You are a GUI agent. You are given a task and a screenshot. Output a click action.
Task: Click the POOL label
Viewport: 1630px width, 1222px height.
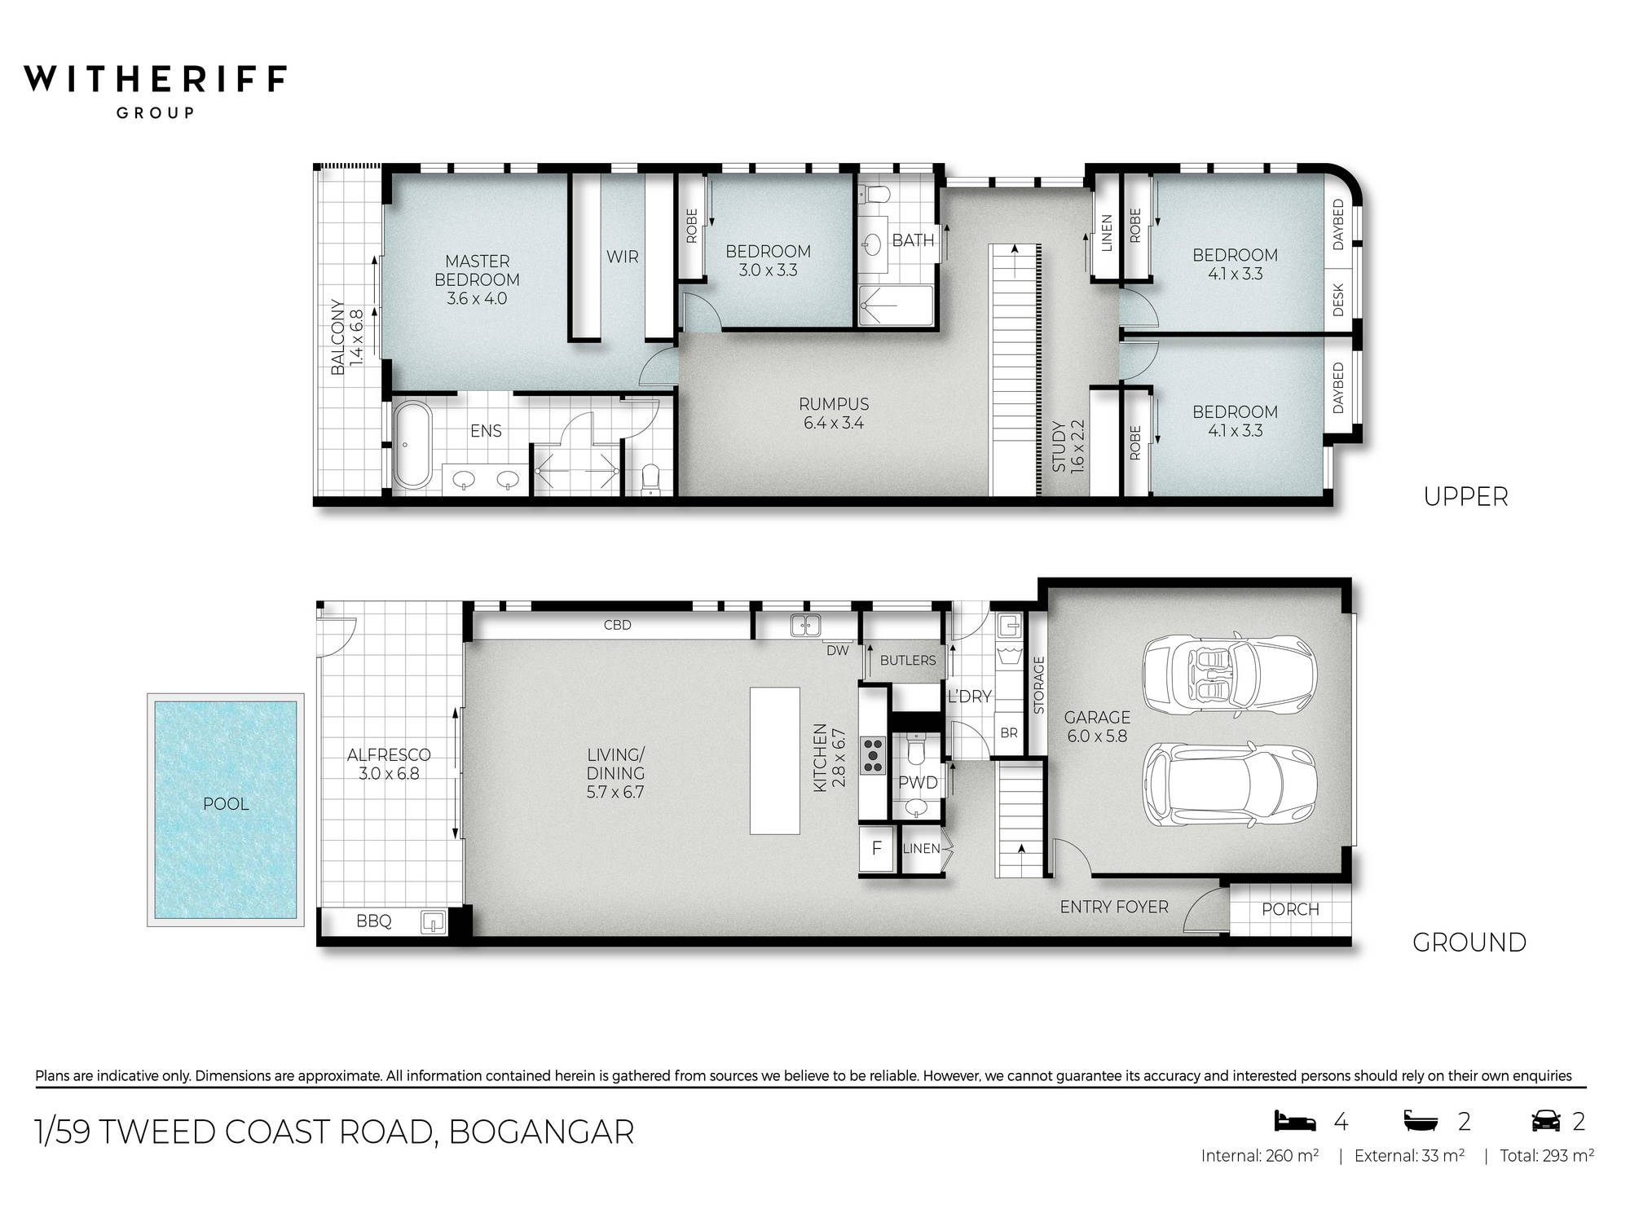[226, 804]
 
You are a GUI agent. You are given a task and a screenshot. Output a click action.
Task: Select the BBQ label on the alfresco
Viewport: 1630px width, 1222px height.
[373, 921]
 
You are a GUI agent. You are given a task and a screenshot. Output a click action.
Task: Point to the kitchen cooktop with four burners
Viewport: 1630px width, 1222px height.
[873, 754]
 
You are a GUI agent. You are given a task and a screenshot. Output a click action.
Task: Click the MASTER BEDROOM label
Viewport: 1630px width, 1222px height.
[477, 279]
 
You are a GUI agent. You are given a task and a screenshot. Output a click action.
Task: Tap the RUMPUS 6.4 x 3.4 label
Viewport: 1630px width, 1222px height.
[833, 413]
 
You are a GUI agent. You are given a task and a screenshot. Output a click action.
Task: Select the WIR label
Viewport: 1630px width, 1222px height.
[622, 257]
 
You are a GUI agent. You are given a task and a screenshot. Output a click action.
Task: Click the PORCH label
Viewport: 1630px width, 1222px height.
[1290, 909]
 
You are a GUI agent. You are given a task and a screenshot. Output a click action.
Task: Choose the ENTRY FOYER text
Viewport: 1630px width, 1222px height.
[1113, 907]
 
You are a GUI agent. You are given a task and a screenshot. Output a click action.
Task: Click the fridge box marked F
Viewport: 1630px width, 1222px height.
[876, 848]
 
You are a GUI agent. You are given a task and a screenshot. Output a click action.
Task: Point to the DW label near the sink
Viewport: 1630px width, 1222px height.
[837, 650]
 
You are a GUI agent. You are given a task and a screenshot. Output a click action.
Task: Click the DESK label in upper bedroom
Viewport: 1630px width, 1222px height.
[1337, 300]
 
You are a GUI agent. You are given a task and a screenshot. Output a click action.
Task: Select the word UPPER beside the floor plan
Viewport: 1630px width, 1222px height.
[1465, 497]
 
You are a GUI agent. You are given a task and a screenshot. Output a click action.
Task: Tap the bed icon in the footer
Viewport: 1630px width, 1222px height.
[1294, 1122]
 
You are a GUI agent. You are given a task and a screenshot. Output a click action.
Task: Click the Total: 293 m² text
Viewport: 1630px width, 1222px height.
[1546, 1155]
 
